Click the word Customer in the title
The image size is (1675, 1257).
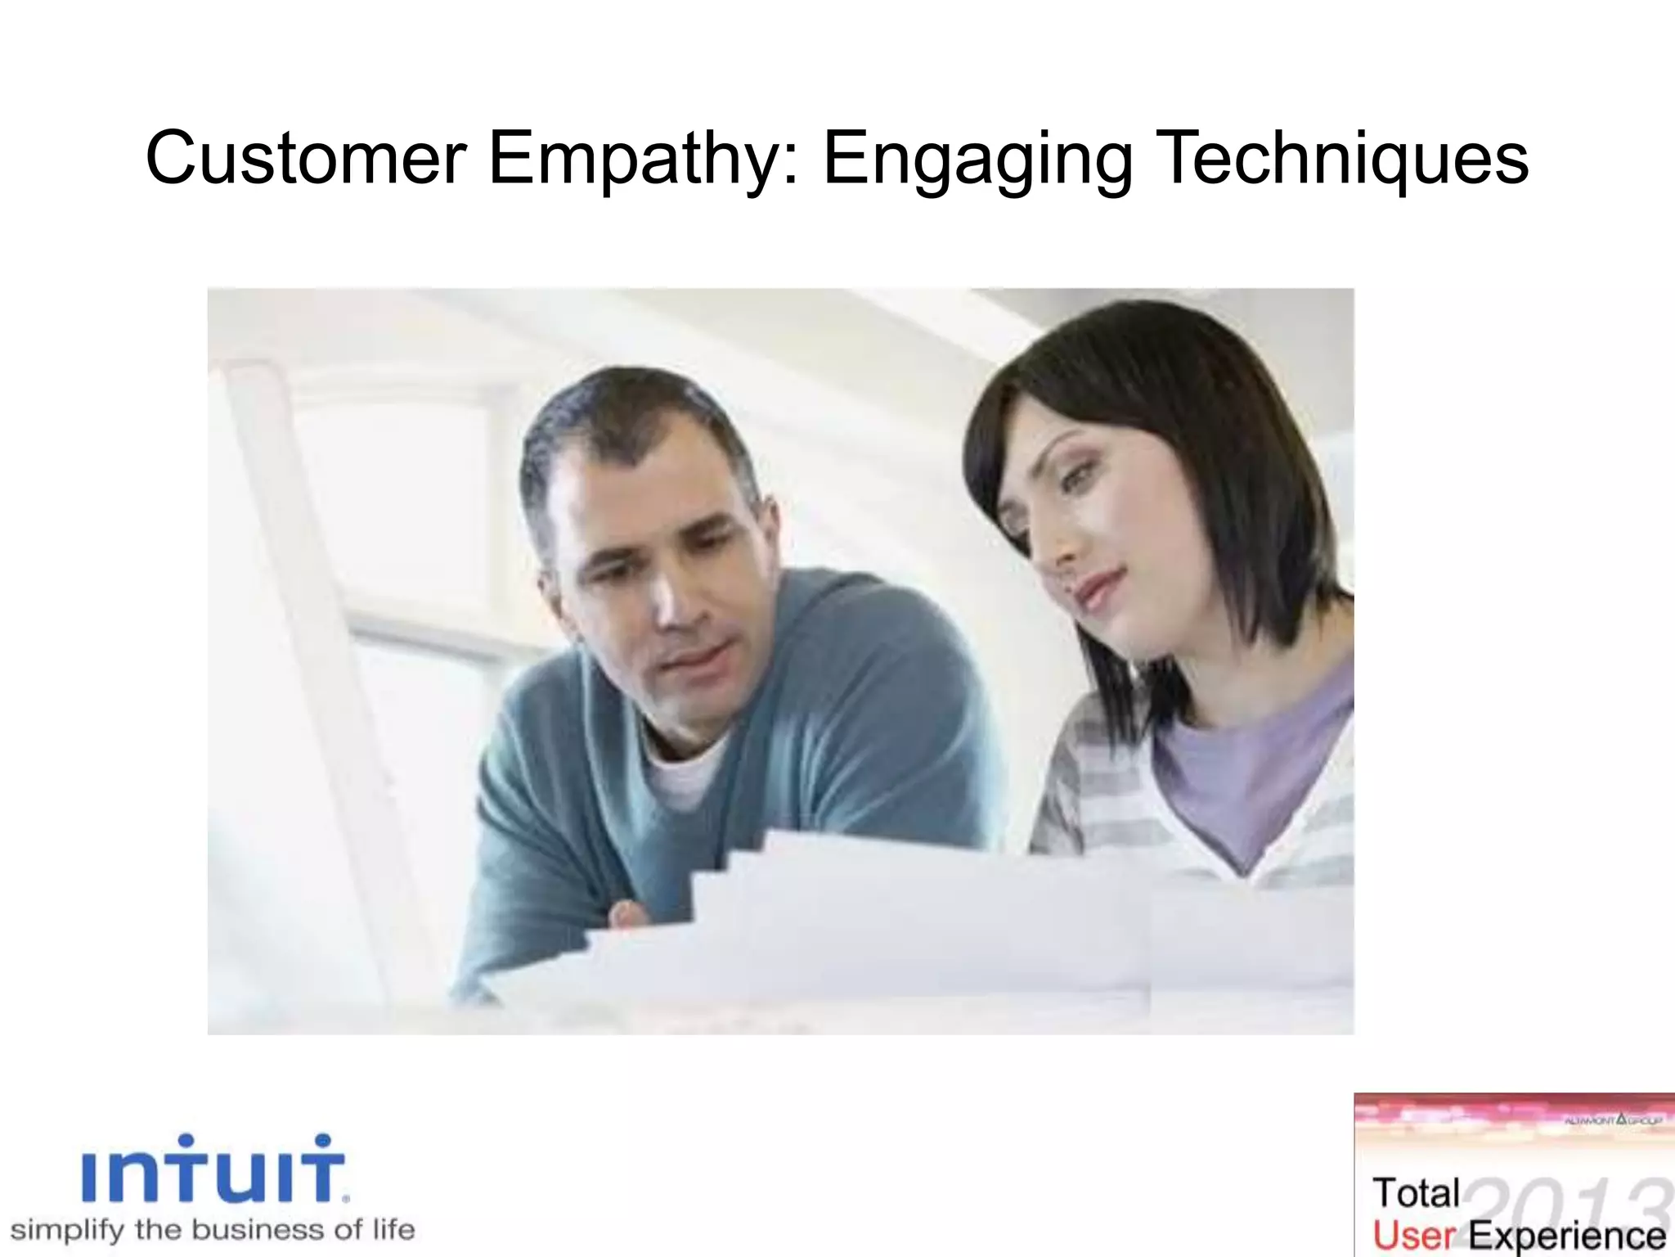tap(306, 158)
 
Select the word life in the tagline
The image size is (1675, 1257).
tap(393, 1230)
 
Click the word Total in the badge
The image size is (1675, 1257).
tap(1416, 1193)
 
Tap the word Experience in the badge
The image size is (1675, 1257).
tap(1566, 1237)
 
